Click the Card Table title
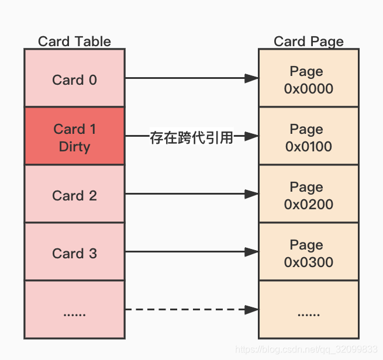point(74,41)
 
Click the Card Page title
point(308,41)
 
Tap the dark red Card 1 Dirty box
point(74,137)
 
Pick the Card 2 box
point(74,195)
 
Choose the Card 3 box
point(74,253)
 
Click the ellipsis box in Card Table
point(74,310)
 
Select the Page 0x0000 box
point(308,79)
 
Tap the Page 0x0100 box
point(308,137)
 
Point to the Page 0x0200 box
point(308,195)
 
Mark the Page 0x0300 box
point(308,253)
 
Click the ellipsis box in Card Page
point(308,310)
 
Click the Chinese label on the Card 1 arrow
point(191,138)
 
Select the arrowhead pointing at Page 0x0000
point(251,78)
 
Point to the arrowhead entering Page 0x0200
point(251,193)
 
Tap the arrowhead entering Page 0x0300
point(251,252)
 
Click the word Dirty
point(74,146)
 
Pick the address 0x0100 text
point(309,146)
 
